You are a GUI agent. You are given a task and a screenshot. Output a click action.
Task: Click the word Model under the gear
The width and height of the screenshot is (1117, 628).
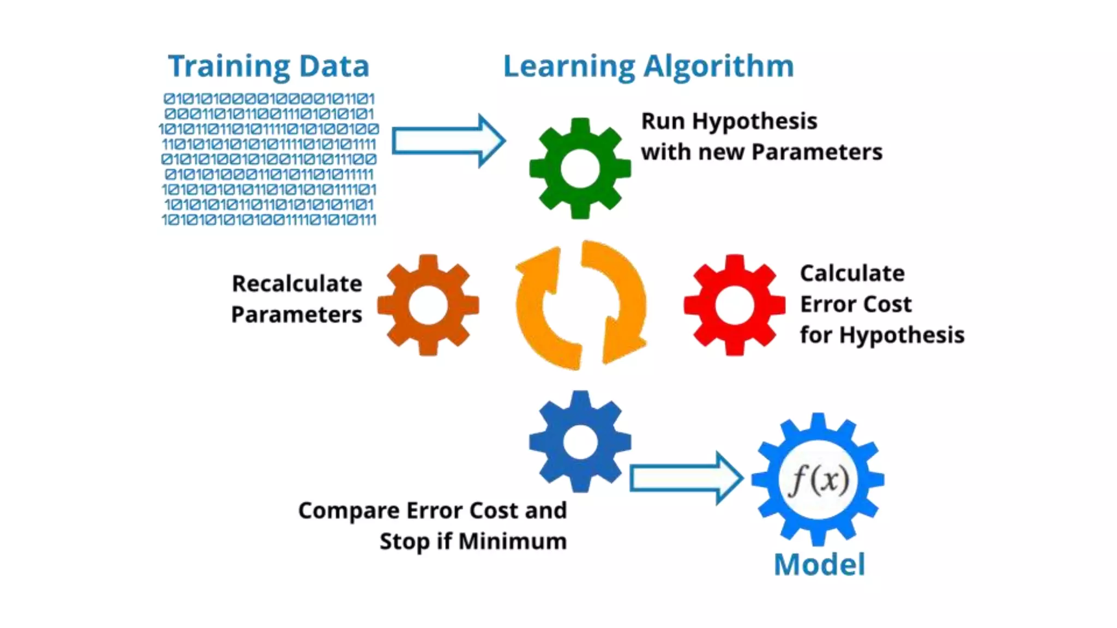pyautogui.click(x=819, y=564)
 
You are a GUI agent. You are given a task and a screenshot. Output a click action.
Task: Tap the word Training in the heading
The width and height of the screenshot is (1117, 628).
pyautogui.click(x=229, y=67)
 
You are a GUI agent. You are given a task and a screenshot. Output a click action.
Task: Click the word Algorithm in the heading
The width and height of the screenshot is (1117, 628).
pyautogui.click(x=718, y=67)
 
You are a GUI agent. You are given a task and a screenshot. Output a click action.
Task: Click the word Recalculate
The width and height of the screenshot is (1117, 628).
pyautogui.click(x=297, y=283)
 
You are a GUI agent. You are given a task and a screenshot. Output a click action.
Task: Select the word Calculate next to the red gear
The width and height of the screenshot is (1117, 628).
pyautogui.click(x=852, y=273)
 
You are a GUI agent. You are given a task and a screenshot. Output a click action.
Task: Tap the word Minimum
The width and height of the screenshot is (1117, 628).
pyautogui.click(x=512, y=541)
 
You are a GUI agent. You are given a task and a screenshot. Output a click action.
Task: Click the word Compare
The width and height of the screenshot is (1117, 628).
pyautogui.click(x=349, y=511)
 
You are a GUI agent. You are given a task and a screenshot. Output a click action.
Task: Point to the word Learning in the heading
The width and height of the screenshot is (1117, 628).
pyautogui.click(x=569, y=67)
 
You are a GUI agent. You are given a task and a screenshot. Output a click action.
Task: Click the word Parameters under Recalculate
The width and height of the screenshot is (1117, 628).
pyautogui.click(x=297, y=315)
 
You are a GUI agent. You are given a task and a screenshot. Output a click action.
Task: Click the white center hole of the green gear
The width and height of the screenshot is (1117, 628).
pyautogui.click(x=580, y=169)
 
